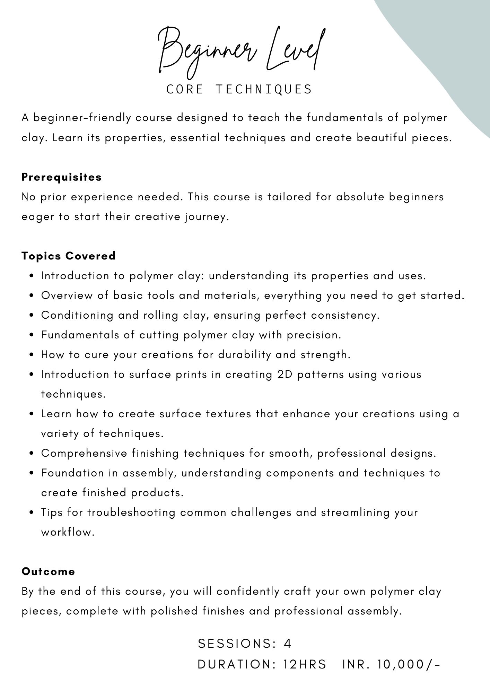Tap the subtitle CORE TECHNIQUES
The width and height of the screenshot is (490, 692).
pyautogui.click(x=239, y=89)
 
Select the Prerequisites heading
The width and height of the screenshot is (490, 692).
pyautogui.click(x=62, y=177)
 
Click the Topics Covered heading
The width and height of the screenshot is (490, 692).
pyautogui.click(x=69, y=256)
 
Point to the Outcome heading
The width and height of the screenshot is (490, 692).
pyautogui.click(x=48, y=571)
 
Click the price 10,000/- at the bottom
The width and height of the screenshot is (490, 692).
pyautogui.click(x=409, y=664)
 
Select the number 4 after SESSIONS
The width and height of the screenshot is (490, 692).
pyautogui.click(x=287, y=644)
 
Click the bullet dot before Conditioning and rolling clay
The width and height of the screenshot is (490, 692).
pyautogui.click(x=32, y=316)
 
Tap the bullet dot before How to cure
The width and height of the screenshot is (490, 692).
pyautogui.click(x=32, y=355)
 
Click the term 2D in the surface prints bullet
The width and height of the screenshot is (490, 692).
pyautogui.click(x=285, y=374)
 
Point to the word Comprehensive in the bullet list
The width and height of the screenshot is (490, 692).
pyautogui.click(x=84, y=453)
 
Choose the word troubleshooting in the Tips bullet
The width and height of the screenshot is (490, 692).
pyautogui.click(x=131, y=512)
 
